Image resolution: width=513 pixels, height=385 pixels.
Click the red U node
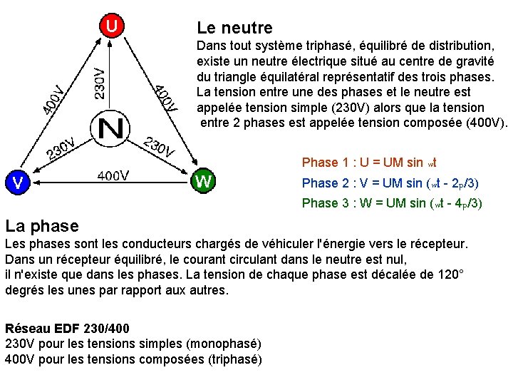113,26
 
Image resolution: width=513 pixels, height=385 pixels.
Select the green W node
203,182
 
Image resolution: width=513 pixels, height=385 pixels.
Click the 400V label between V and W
113,175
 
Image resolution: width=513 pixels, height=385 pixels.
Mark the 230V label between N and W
160,145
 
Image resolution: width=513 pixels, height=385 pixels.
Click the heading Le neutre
234,29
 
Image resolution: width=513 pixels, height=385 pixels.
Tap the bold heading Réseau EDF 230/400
67,329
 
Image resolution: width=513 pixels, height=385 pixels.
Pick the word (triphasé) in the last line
234,359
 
